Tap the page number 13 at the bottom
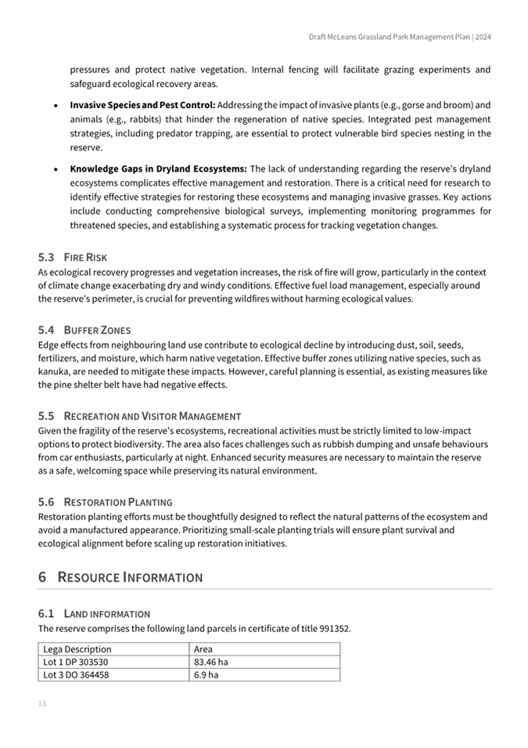click(42, 703)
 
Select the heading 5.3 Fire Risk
click(73, 257)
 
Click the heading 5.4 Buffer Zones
click(84, 330)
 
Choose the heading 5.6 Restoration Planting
click(106, 501)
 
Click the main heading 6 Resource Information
click(120, 577)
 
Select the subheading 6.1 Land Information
click(94, 613)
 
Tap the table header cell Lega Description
click(77, 649)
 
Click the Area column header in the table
click(203, 649)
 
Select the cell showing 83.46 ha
click(211, 662)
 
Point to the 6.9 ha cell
click(207, 674)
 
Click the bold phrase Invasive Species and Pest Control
click(142, 105)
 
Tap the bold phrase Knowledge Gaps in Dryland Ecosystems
click(159, 168)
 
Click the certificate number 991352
click(335, 628)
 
